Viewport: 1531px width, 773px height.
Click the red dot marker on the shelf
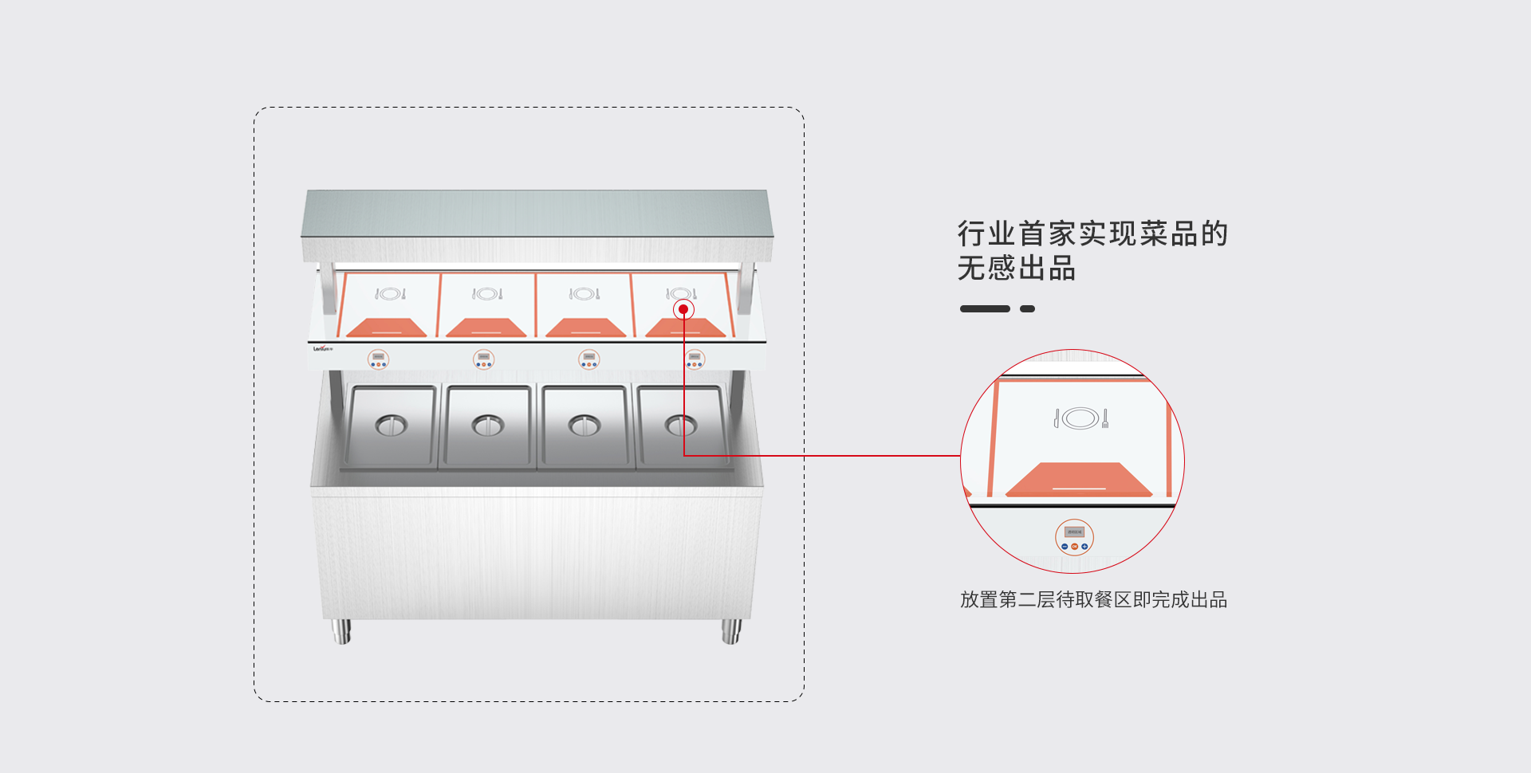(683, 309)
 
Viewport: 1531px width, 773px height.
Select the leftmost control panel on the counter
(379, 359)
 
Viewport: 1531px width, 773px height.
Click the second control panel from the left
(484, 359)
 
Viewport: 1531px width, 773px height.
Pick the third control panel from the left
(589, 359)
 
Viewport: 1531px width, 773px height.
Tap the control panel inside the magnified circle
(1074, 537)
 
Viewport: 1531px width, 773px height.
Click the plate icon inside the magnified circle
(1081, 418)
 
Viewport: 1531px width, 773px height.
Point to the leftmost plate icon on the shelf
(391, 294)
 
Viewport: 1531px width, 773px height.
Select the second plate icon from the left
(487, 294)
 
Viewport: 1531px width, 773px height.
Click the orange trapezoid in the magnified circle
(1079, 481)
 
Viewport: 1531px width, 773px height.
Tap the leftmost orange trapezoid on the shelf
(387, 328)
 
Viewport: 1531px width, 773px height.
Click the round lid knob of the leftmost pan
(391, 426)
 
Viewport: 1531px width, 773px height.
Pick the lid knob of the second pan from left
(487, 426)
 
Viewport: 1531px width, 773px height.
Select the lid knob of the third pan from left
(584, 426)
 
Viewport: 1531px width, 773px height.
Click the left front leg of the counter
(341, 631)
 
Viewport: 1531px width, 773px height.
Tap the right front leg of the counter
(731, 631)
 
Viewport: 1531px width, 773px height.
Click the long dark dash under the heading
(985, 308)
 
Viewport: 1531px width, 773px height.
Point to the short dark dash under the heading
(1028, 308)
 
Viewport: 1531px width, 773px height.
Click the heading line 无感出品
(1017, 269)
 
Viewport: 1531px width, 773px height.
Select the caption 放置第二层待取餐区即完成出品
(1093, 599)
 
